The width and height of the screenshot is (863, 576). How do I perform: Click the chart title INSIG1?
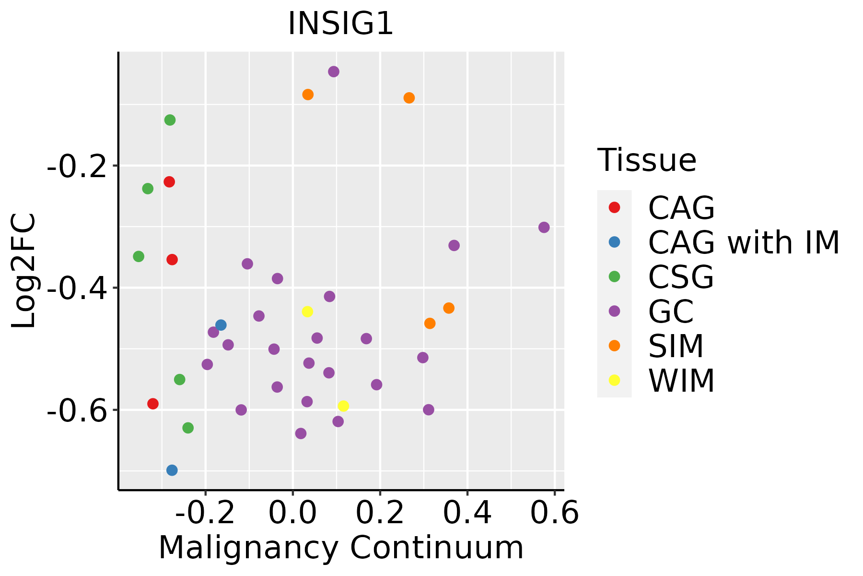tap(340, 24)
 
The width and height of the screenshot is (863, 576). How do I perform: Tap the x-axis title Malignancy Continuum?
tap(341, 548)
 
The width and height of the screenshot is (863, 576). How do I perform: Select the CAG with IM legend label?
tap(744, 242)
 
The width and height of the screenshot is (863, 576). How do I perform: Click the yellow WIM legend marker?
tap(614, 380)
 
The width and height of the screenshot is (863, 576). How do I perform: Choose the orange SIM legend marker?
tap(614, 346)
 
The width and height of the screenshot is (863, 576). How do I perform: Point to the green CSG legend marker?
tap(614, 276)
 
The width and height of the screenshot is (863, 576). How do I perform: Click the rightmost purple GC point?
tap(544, 228)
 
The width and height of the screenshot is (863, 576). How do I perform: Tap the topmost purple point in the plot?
tap(334, 72)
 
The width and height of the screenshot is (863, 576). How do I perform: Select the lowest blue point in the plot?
tap(172, 470)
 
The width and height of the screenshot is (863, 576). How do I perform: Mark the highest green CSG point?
tap(170, 120)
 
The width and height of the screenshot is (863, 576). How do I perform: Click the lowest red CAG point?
tap(153, 404)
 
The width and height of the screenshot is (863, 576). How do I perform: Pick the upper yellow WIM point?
tap(307, 312)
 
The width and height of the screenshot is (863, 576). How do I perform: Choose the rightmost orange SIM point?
tap(449, 308)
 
